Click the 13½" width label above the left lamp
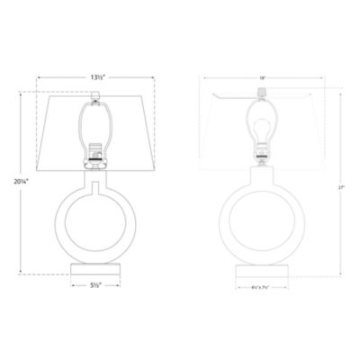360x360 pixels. (94, 77)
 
